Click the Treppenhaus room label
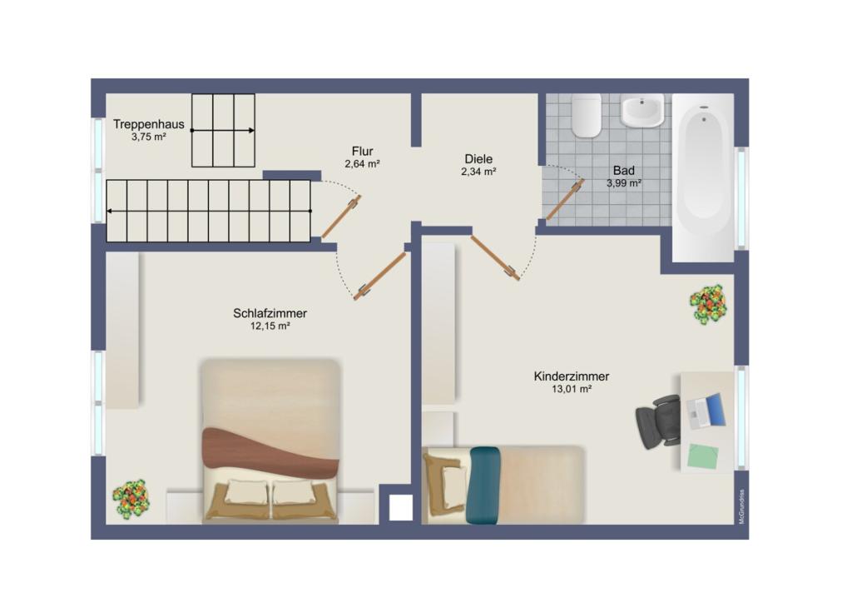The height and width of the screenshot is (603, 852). point(148,124)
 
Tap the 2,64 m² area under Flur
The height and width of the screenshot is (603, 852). point(362,163)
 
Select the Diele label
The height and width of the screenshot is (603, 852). point(478,159)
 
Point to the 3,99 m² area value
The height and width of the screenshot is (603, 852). point(624,183)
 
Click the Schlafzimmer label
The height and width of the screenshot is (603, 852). point(270,313)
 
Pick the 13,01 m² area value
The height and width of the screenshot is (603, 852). point(572,389)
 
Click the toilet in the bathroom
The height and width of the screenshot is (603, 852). point(586,115)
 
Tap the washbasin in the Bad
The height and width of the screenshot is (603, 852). point(643,111)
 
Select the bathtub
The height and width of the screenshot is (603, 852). point(704,177)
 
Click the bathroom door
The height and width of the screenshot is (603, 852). point(565,200)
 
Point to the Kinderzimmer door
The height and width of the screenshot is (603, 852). point(495,257)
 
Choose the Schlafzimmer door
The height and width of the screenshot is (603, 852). point(379,276)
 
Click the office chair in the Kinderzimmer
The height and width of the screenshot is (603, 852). point(658,421)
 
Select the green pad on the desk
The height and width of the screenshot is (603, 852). point(703,456)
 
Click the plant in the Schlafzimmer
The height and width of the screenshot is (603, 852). point(131,499)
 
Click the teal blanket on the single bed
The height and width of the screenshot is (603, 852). point(485,486)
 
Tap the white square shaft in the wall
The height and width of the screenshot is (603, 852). point(400,510)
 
